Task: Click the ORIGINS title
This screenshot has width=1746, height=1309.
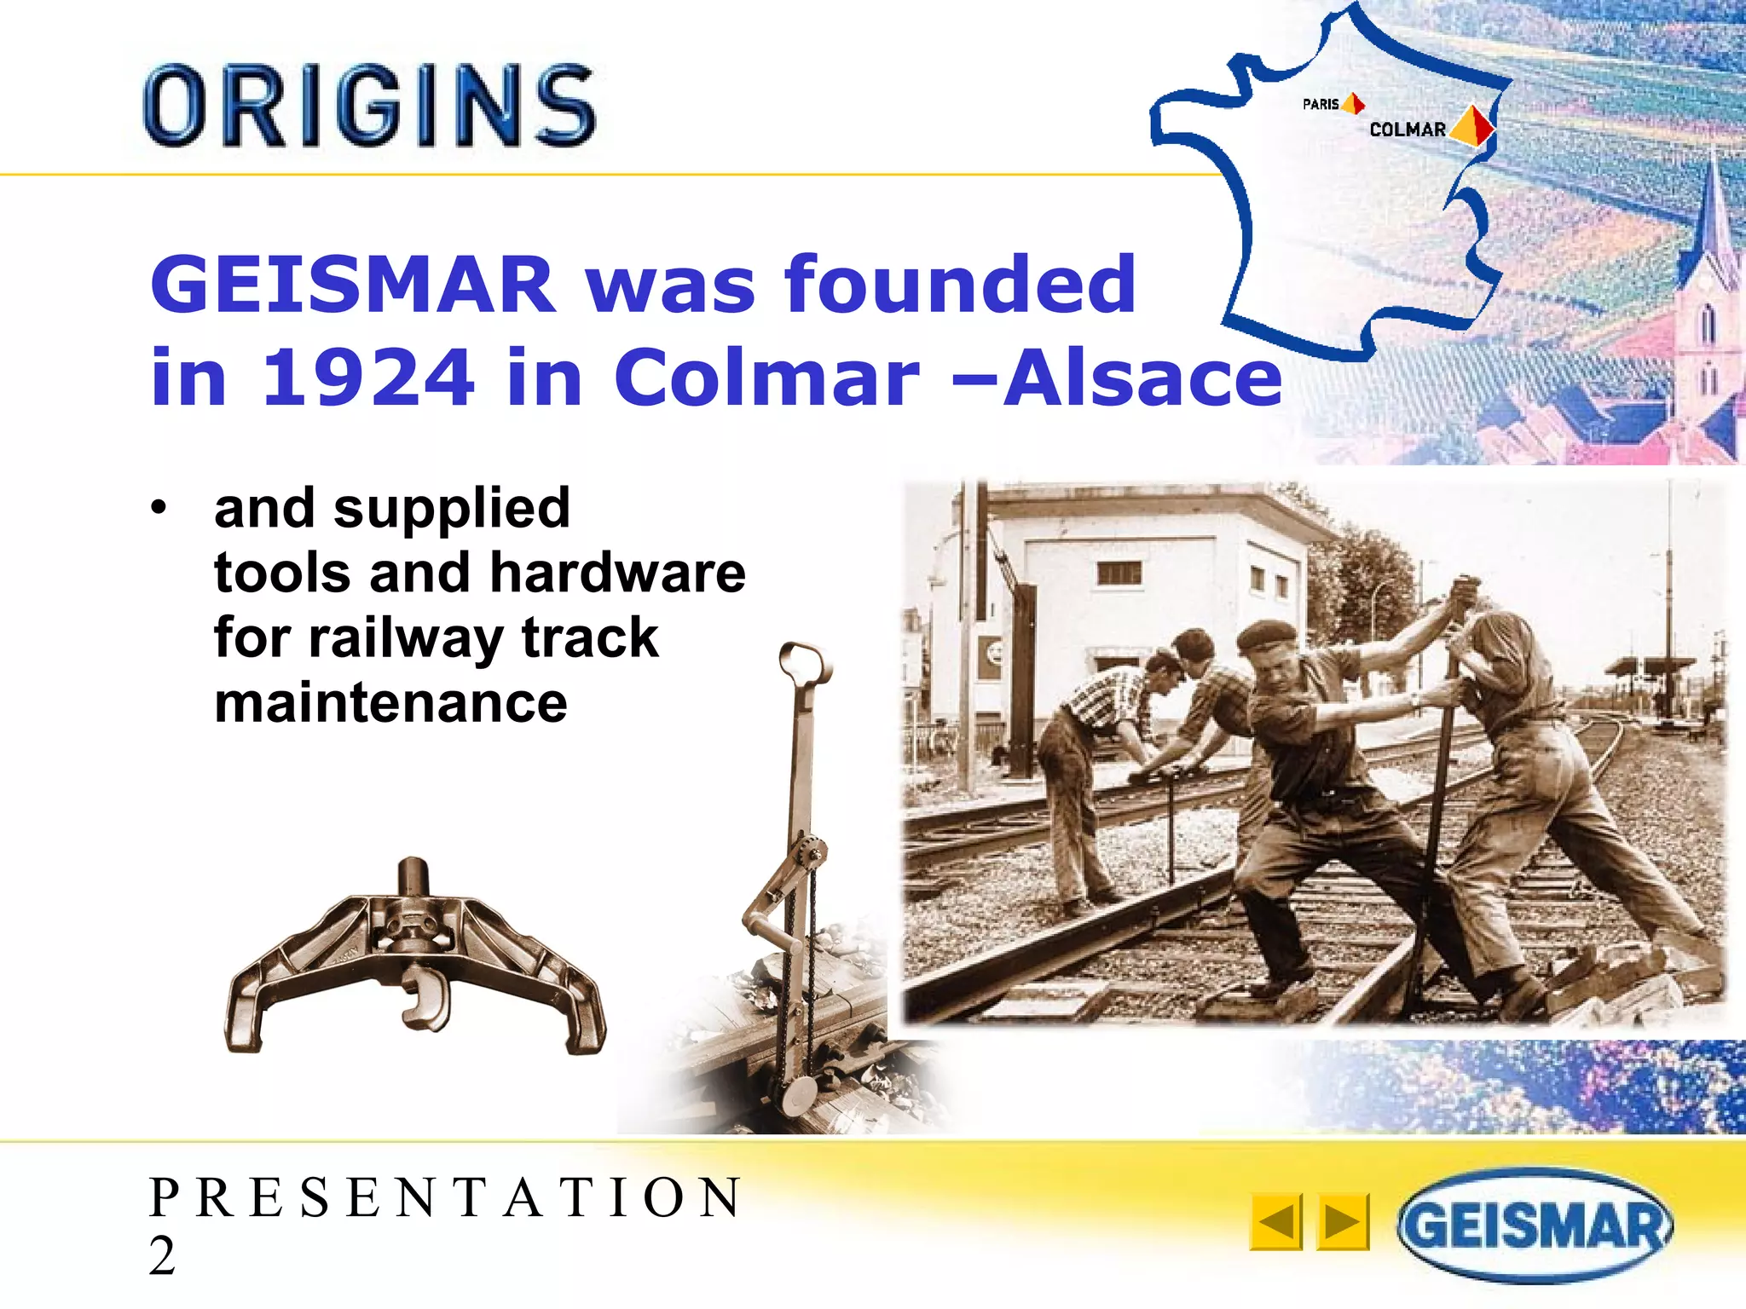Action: click(369, 106)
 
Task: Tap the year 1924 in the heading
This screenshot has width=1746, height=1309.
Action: click(368, 377)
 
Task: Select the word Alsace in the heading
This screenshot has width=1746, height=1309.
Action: click(1142, 377)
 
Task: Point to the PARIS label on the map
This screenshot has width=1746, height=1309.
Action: click(1320, 104)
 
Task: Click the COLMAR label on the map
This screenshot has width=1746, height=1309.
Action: click(1408, 130)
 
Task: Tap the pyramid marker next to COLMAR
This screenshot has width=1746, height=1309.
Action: click(1471, 125)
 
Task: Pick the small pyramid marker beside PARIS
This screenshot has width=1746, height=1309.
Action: click(1353, 104)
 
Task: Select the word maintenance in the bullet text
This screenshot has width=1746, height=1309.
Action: click(390, 703)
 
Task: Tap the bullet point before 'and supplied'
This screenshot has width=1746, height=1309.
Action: click(158, 509)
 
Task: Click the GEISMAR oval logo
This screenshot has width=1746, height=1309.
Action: click(1534, 1225)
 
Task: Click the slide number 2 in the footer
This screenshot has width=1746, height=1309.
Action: click(162, 1255)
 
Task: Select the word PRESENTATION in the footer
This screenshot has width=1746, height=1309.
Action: click(445, 1197)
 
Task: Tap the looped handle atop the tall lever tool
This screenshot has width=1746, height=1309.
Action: click(804, 664)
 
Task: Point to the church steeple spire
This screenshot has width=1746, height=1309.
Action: click(1714, 213)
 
